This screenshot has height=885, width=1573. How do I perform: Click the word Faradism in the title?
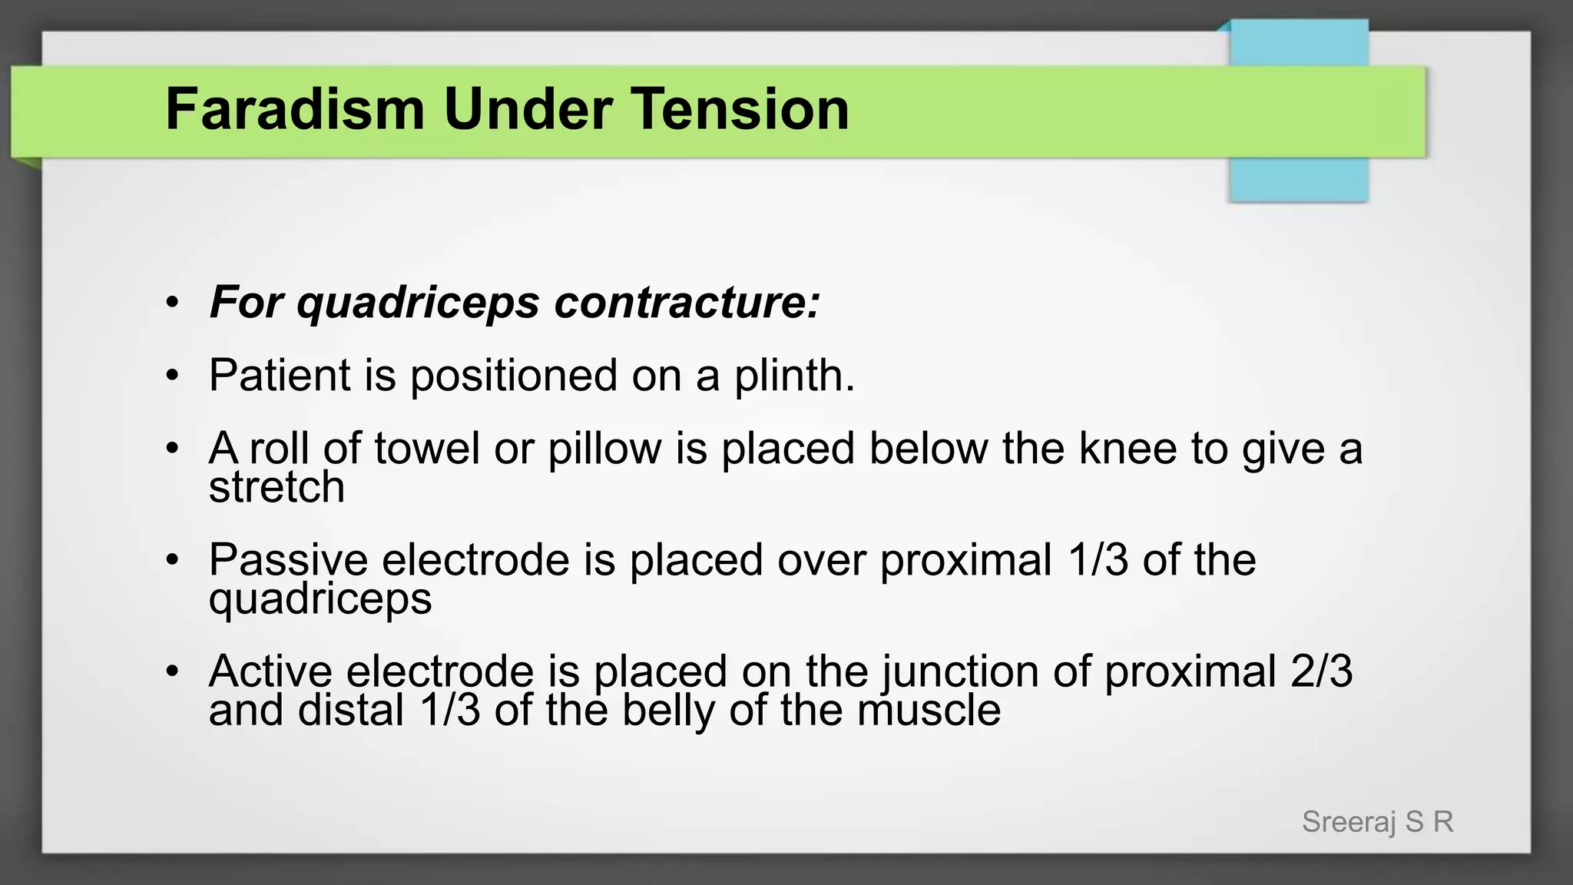pyautogui.click(x=295, y=109)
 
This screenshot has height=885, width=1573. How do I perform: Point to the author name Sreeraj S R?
pyautogui.click(x=1377, y=822)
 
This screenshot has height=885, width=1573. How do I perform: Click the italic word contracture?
pyautogui.click(x=687, y=302)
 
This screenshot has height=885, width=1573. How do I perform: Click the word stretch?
pyautogui.click(x=277, y=487)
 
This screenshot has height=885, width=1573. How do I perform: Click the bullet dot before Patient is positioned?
pyautogui.click(x=173, y=376)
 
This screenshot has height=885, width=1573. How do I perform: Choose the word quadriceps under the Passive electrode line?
pyautogui.click(x=320, y=598)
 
